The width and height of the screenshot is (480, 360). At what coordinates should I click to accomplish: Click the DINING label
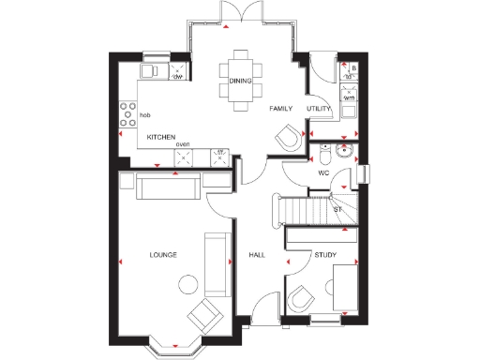point(240,82)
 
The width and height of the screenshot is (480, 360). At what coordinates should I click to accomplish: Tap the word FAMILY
point(281,109)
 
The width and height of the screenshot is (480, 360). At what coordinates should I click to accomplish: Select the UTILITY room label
point(320,109)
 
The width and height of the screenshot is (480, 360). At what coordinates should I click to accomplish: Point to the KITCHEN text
point(160,138)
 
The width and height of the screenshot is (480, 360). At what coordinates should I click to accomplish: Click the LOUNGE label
point(163,255)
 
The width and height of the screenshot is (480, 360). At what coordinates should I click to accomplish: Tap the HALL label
point(258,255)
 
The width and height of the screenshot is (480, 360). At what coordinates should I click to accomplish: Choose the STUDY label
point(325,255)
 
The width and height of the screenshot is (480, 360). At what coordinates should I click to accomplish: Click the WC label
point(322,173)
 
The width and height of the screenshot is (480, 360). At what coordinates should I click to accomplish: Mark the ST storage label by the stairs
point(337,209)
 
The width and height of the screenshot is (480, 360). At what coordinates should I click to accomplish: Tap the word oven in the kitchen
point(183,144)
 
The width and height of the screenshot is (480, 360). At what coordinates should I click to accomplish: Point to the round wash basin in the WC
point(346,149)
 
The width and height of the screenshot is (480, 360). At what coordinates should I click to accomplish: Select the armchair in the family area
point(288,139)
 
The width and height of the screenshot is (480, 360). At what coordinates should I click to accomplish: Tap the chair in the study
point(300,298)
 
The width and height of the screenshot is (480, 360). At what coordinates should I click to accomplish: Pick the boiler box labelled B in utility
point(352,68)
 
